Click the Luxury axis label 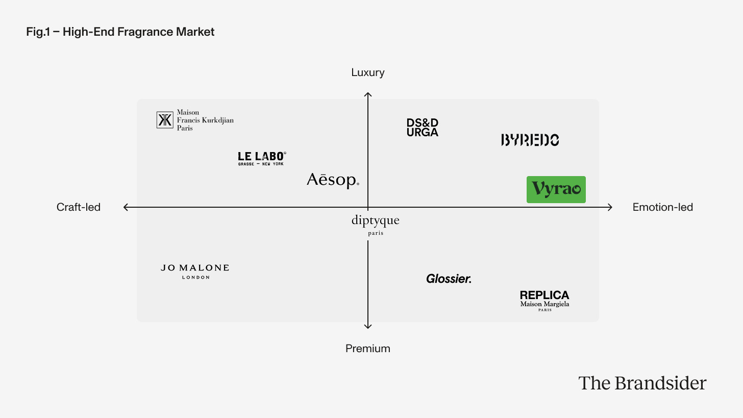click(367, 72)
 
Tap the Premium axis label click(367, 349)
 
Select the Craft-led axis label click(79, 207)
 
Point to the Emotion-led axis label click(662, 207)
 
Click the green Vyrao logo click(556, 189)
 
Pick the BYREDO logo click(530, 140)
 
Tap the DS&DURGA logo click(422, 128)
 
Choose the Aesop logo click(333, 180)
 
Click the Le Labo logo click(262, 158)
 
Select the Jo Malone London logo click(195, 271)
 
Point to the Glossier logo click(449, 279)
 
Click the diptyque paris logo click(375, 225)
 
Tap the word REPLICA click(544, 295)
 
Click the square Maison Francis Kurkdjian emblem click(165, 120)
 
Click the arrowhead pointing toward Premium click(368, 327)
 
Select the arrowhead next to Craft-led click(126, 207)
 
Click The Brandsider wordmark click(642, 383)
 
